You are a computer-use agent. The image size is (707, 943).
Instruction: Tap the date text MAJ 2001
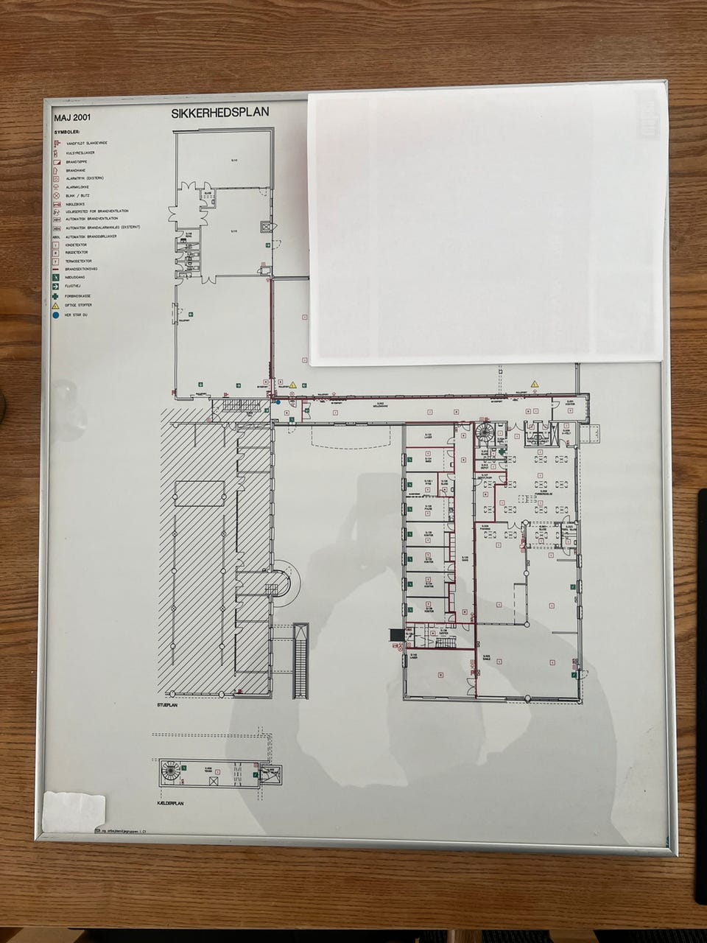[73, 116]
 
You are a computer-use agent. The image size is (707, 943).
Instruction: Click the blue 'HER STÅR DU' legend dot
[56, 315]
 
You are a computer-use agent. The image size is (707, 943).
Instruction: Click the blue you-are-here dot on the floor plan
[278, 402]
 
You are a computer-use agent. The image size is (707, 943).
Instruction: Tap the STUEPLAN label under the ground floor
[169, 705]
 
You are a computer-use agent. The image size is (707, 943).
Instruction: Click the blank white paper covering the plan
[486, 228]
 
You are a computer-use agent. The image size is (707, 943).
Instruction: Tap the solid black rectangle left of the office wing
[395, 634]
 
